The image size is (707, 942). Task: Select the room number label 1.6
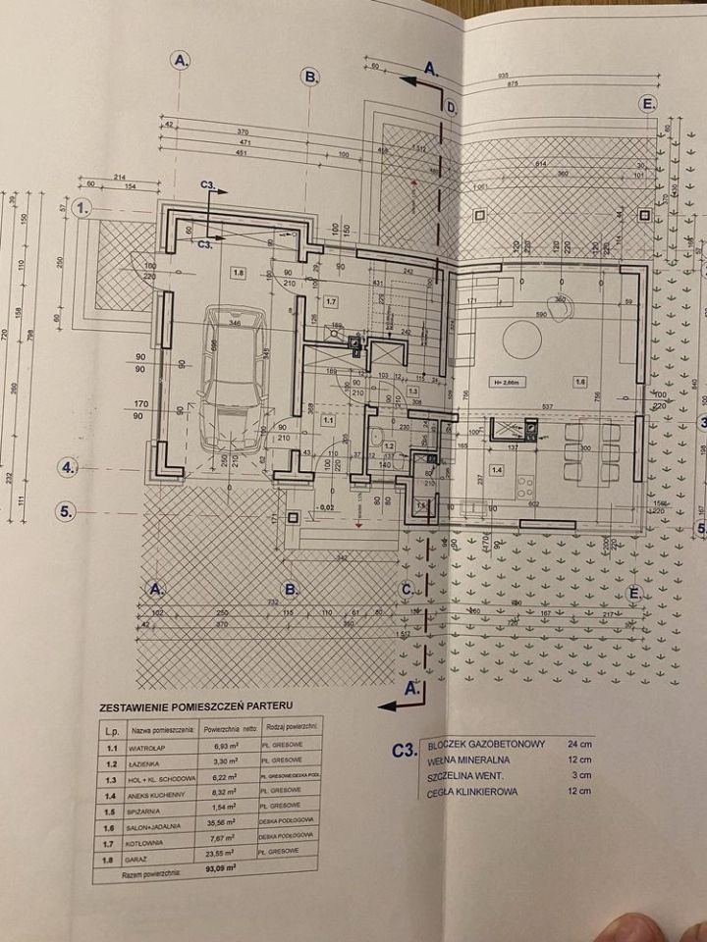pyautogui.click(x=581, y=382)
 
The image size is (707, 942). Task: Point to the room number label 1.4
pyautogui.click(x=498, y=471)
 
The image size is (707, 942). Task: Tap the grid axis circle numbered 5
pyautogui.click(x=68, y=510)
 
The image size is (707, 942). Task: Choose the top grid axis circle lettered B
pyautogui.click(x=309, y=77)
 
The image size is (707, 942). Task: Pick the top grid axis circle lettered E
pyautogui.click(x=647, y=104)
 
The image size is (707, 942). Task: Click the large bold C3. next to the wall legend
pyautogui.click(x=402, y=752)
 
